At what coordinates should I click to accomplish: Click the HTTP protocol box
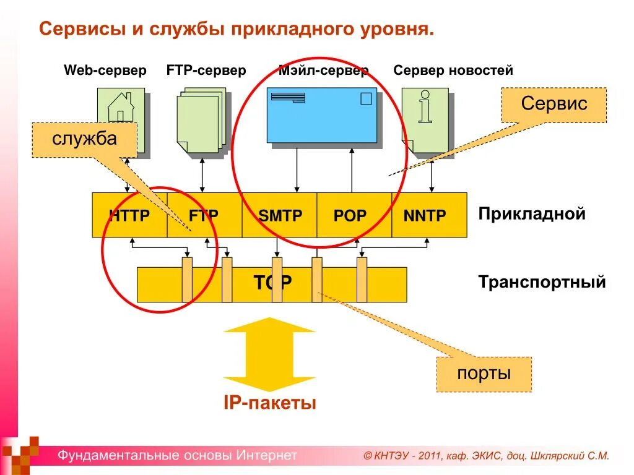click(129, 215)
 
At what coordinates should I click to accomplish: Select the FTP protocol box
click(204, 215)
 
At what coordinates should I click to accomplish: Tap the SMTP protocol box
click(280, 215)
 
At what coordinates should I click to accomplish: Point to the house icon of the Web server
click(121, 108)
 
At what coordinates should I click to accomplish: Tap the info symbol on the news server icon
click(425, 107)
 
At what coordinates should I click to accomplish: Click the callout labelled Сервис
click(554, 104)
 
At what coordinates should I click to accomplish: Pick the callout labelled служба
click(84, 140)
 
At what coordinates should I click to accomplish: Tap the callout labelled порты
click(484, 374)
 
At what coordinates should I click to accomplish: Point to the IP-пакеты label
click(270, 403)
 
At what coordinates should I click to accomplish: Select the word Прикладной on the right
click(531, 214)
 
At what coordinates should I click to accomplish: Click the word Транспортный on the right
click(542, 283)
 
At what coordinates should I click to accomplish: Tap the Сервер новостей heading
click(453, 71)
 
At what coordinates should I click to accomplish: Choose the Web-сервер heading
click(105, 71)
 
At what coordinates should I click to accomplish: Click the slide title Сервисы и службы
click(237, 29)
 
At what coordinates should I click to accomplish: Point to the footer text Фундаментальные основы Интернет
click(178, 456)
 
